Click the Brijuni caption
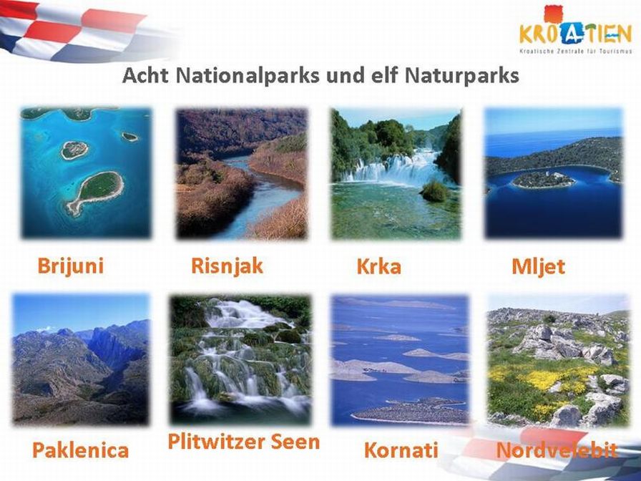coord(70,266)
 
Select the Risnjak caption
coord(227,266)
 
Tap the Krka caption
coord(378,267)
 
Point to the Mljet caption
coord(538,267)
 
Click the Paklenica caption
coord(81,450)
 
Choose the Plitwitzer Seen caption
coord(244,442)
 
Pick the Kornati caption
coord(401,450)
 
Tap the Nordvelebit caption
coord(557,450)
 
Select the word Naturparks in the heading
coord(462,75)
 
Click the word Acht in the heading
coord(145,75)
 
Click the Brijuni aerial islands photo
coord(86,173)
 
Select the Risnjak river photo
coord(241,173)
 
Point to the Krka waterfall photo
coord(396,173)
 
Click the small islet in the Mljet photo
coord(543,180)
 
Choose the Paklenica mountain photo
coord(81,359)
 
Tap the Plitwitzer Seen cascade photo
coord(240,359)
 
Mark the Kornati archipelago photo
coord(400,360)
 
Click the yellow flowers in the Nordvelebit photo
coord(544,379)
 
